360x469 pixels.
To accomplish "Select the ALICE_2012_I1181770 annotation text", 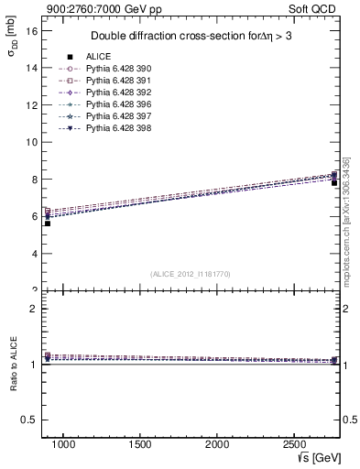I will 191,273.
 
